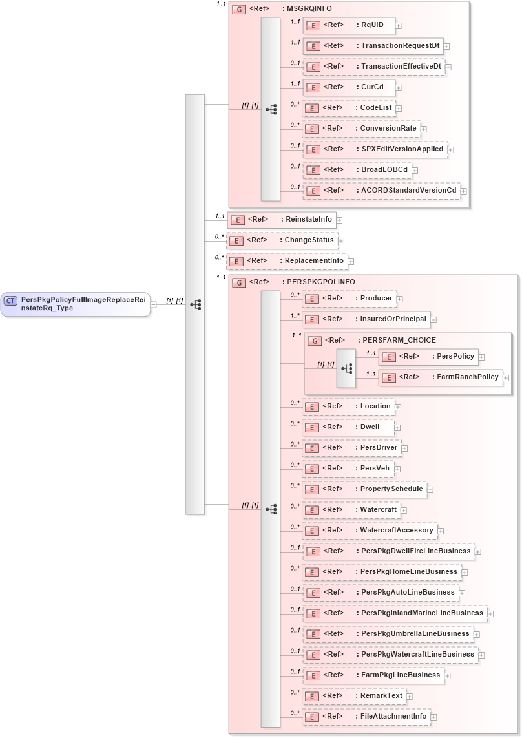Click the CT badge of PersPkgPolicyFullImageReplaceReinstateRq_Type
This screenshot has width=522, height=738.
pos(11,300)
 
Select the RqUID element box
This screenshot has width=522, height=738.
pos(349,25)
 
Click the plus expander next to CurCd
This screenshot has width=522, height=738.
pos(399,87)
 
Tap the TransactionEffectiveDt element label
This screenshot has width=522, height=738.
pos(401,67)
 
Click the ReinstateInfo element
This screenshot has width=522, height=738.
pos(281,220)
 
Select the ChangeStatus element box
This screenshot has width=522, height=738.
pos(282,240)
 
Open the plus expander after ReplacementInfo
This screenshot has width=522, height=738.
pos(351,262)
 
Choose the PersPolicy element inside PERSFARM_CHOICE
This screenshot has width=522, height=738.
pos(428,356)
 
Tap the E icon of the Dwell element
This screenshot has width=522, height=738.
pos(312,428)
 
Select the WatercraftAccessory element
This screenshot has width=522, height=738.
pos(370,531)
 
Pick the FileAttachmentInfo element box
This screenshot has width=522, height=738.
pos(366,717)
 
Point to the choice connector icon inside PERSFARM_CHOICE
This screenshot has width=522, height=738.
pos(346,368)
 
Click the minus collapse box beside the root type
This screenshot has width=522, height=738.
pos(153,304)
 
